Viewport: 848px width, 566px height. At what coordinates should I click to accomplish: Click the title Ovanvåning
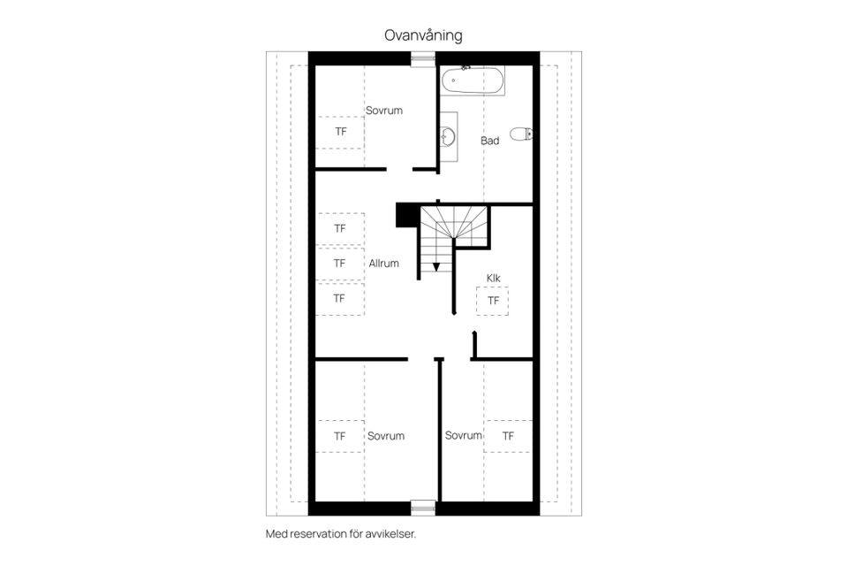click(423, 35)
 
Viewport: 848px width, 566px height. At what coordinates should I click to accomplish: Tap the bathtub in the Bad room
click(473, 81)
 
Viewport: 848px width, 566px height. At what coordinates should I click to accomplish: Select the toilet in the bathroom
click(521, 134)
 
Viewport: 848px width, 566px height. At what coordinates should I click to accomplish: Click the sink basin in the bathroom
click(447, 136)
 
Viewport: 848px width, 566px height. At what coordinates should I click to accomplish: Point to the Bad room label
click(490, 141)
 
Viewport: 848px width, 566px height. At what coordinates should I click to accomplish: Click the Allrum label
click(384, 264)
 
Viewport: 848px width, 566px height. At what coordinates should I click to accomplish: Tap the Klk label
click(493, 278)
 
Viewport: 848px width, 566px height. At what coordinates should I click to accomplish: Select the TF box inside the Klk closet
click(492, 301)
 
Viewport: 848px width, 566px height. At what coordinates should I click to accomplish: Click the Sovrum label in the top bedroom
click(384, 111)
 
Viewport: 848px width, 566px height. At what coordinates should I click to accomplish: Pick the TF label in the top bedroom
click(341, 132)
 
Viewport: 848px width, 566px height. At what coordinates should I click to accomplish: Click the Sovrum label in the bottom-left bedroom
click(386, 436)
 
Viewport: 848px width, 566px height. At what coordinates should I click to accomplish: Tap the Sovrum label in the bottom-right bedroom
click(464, 435)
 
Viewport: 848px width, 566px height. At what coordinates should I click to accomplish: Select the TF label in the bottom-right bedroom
click(508, 436)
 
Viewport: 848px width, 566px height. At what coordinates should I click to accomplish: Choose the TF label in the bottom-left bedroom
click(339, 436)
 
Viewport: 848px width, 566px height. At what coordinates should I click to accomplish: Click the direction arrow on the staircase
click(435, 266)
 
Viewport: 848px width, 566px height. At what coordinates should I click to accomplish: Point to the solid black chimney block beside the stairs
click(408, 215)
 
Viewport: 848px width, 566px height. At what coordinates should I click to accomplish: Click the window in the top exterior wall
click(423, 58)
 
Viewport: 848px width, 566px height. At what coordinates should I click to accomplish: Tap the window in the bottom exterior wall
click(423, 508)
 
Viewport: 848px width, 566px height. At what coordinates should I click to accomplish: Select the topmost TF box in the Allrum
click(339, 228)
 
